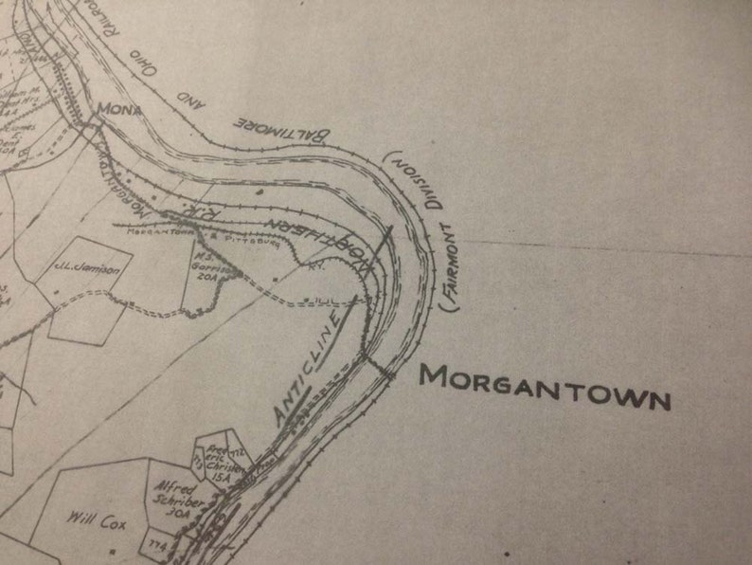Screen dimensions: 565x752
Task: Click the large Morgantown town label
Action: click(x=545, y=387)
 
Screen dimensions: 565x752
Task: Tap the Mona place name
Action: click(x=119, y=109)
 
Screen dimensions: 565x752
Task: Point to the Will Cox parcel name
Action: click(x=91, y=518)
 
